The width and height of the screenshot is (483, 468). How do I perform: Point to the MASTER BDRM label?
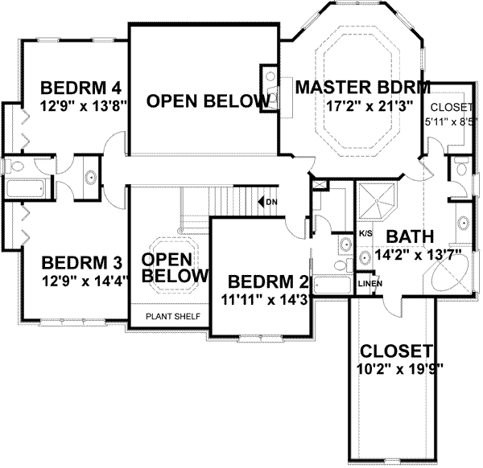(361, 88)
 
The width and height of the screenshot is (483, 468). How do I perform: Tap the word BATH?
(410, 237)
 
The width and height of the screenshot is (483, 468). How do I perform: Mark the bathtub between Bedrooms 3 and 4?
(25, 191)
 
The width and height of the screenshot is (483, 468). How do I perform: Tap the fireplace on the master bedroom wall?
(267, 81)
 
